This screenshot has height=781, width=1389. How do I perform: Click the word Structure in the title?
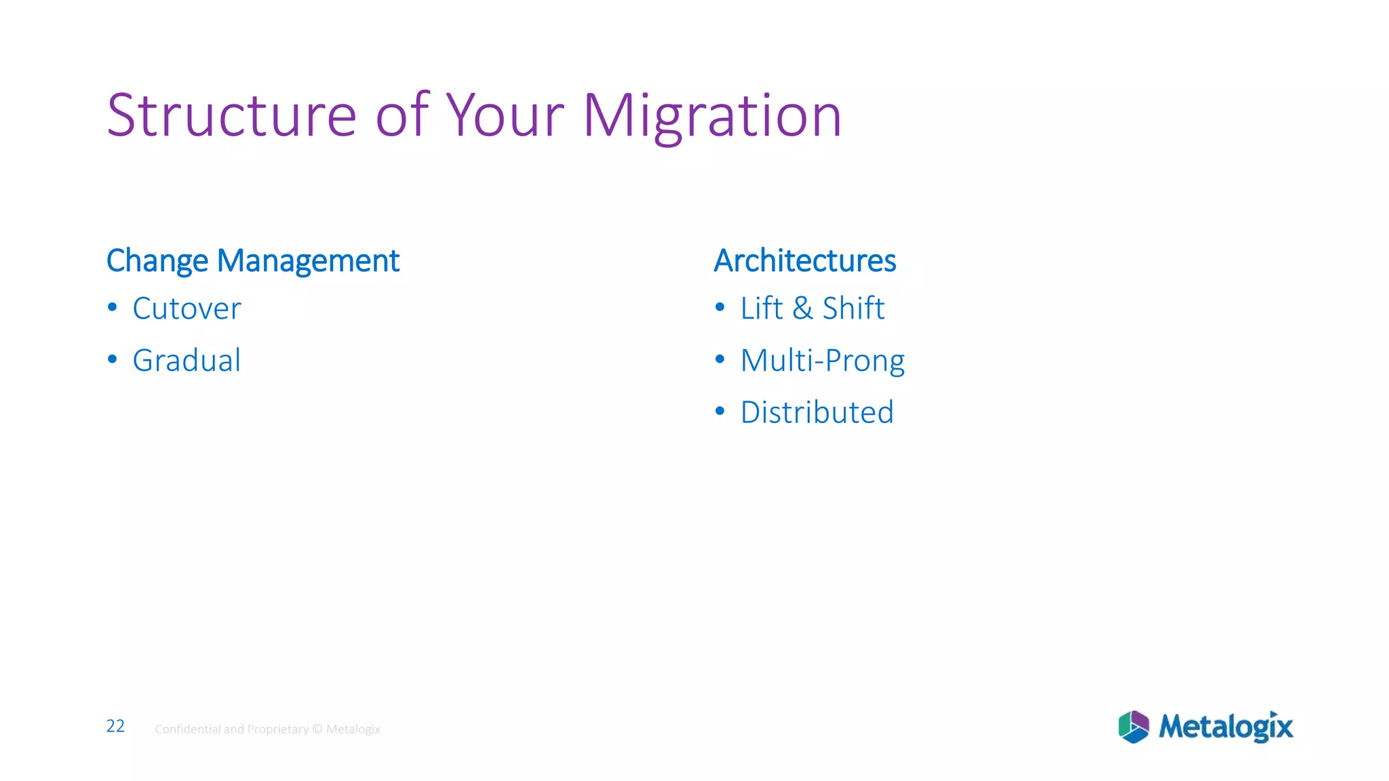tap(231, 115)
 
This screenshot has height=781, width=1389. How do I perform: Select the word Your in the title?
tap(505, 115)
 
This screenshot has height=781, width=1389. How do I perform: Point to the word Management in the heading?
tap(308, 261)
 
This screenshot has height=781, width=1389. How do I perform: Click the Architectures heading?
tap(805, 261)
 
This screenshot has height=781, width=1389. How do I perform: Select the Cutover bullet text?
tap(187, 308)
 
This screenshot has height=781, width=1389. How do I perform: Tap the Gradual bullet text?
tap(187, 360)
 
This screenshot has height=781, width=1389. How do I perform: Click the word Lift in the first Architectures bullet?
tap(761, 308)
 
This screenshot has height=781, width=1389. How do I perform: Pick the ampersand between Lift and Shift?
tap(802, 308)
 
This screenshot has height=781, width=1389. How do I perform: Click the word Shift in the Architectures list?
tap(853, 308)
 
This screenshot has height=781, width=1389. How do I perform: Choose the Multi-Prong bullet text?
tap(822, 360)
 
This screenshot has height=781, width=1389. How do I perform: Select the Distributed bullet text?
tap(817, 412)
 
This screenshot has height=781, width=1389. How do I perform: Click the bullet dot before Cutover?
tap(113, 308)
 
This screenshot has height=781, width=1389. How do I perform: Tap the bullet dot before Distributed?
tap(720, 411)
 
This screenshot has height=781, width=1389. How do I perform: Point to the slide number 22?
tap(115, 726)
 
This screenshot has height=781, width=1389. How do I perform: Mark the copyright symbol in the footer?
tap(317, 729)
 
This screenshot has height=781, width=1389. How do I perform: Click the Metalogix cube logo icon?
tap(1133, 727)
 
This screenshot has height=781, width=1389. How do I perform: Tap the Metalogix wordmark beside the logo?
tap(1226, 727)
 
